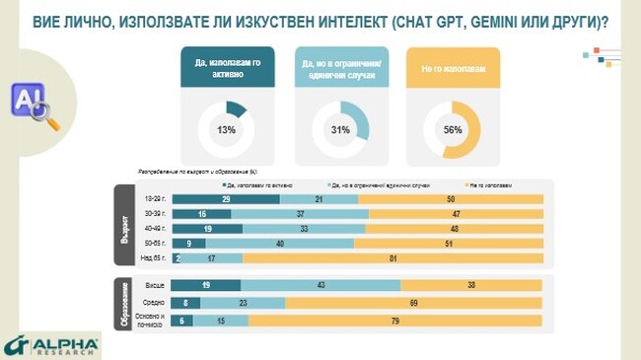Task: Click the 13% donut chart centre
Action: click(x=227, y=130)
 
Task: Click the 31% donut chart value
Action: click(x=340, y=130)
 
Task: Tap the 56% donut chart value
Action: click(x=454, y=130)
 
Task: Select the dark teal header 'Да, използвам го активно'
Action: click(x=227, y=68)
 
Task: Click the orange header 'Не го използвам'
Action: click(x=454, y=68)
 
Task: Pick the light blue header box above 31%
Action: click(x=340, y=68)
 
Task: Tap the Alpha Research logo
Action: click(x=51, y=344)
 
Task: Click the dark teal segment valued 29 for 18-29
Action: click(x=226, y=199)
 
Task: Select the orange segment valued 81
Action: click(x=392, y=258)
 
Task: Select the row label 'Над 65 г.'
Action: click(x=154, y=258)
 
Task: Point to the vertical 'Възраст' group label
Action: click(x=124, y=226)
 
